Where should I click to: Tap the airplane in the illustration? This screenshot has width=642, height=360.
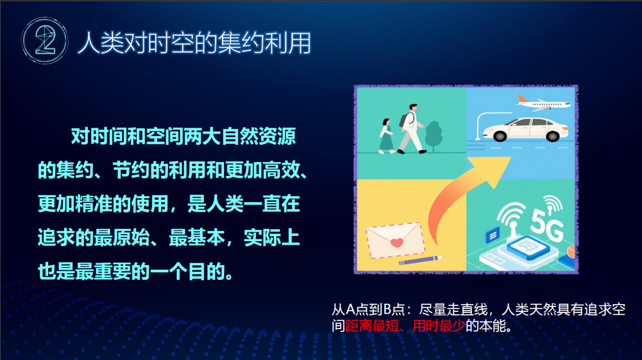(x=543, y=104)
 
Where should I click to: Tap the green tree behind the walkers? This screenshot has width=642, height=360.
(x=434, y=135)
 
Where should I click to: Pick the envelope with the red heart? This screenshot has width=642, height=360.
(x=395, y=240)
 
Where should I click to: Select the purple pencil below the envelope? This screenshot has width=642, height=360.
(x=421, y=260)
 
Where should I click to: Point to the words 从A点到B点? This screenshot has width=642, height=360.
(x=368, y=310)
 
